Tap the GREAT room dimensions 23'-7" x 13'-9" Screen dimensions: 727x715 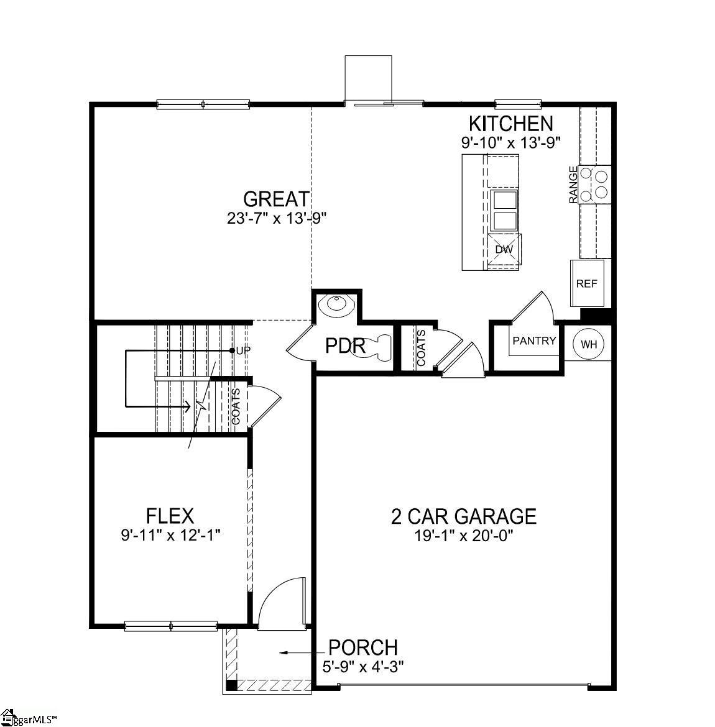(x=277, y=218)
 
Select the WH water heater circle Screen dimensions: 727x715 (x=588, y=344)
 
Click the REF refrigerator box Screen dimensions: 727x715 (x=586, y=283)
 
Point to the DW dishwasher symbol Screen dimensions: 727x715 (x=504, y=250)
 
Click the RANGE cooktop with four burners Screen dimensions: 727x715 (x=594, y=185)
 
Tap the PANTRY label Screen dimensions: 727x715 (x=534, y=341)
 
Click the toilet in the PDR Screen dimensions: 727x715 (x=376, y=345)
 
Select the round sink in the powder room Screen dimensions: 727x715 (x=336, y=305)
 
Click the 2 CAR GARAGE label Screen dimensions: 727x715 (x=463, y=516)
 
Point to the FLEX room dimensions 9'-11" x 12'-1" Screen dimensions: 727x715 (x=171, y=534)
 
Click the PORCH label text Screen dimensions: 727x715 (x=362, y=647)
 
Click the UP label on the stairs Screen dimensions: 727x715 (x=243, y=350)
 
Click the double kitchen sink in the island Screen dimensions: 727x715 (x=504, y=211)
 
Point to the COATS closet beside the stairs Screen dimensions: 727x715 (x=236, y=406)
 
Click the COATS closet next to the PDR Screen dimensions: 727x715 (x=421, y=348)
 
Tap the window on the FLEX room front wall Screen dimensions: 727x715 (x=171, y=626)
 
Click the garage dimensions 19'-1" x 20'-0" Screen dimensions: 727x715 (x=463, y=536)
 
